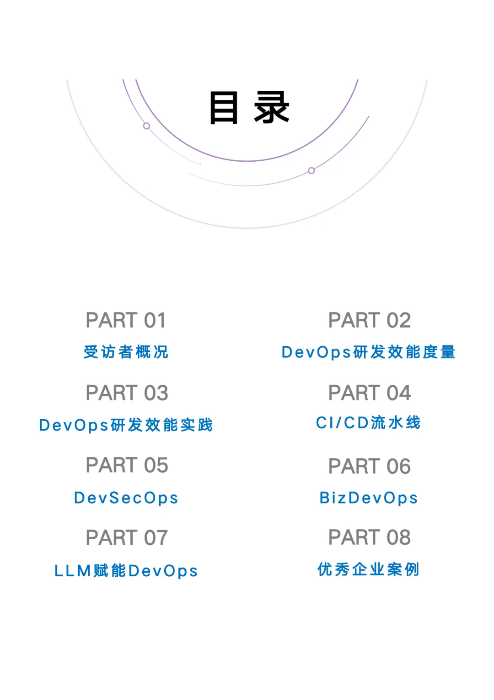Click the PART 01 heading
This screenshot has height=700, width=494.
tap(126, 320)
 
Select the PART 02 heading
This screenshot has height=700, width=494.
tap(370, 320)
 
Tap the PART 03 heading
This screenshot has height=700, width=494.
tap(127, 393)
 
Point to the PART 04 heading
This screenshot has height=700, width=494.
tap(370, 393)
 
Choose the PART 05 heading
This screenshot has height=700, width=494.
tap(127, 465)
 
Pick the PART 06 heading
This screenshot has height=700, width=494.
tap(370, 466)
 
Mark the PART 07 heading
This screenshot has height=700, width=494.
tap(127, 538)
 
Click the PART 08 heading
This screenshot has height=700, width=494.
tap(370, 537)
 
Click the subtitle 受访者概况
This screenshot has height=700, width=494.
tap(126, 352)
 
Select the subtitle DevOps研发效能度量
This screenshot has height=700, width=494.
tap(369, 352)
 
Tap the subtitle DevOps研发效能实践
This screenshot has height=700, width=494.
tap(126, 425)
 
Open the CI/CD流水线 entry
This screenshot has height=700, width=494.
tap(368, 423)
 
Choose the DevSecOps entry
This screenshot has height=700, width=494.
tap(126, 498)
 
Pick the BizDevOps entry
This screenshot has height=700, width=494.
tap(369, 498)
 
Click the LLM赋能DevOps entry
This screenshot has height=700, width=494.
tap(126, 571)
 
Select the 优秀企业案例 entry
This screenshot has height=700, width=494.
tap(369, 569)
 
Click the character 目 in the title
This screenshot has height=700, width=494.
tap(224, 108)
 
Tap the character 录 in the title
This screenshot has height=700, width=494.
tap(272, 108)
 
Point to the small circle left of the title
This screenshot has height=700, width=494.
tap(146, 126)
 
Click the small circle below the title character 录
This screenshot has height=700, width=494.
tap(311, 171)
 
